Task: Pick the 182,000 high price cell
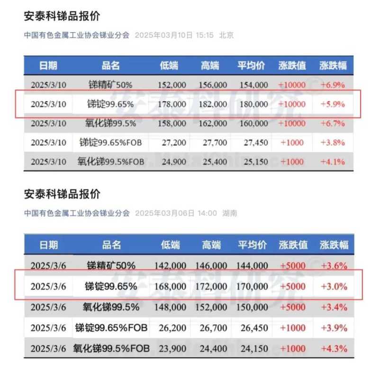click(x=211, y=104)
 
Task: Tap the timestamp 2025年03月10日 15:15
click(x=174, y=35)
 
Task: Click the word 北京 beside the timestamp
click(x=226, y=35)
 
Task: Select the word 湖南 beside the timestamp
click(x=230, y=213)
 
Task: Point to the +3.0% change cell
click(x=334, y=286)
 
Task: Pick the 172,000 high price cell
click(x=211, y=286)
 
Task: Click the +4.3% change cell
click(x=334, y=349)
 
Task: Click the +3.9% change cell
click(x=334, y=328)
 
